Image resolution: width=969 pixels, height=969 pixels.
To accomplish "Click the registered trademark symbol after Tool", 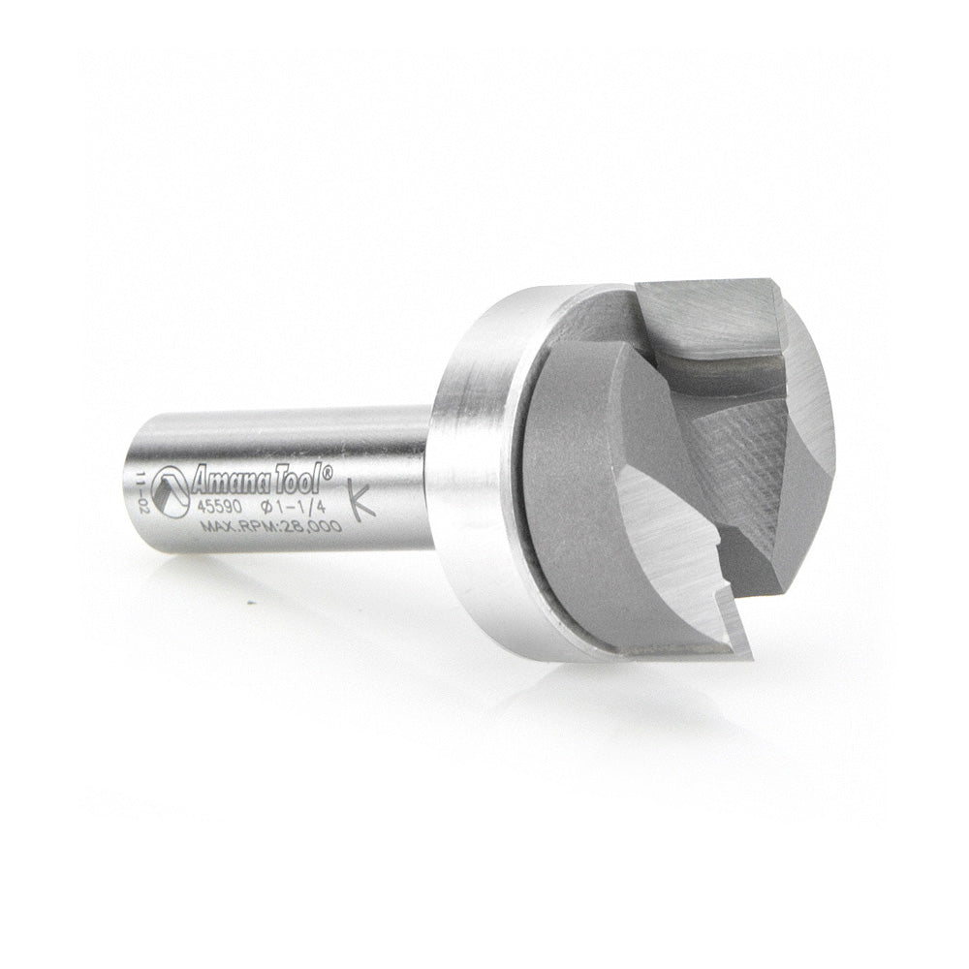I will [x=328, y=470].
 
